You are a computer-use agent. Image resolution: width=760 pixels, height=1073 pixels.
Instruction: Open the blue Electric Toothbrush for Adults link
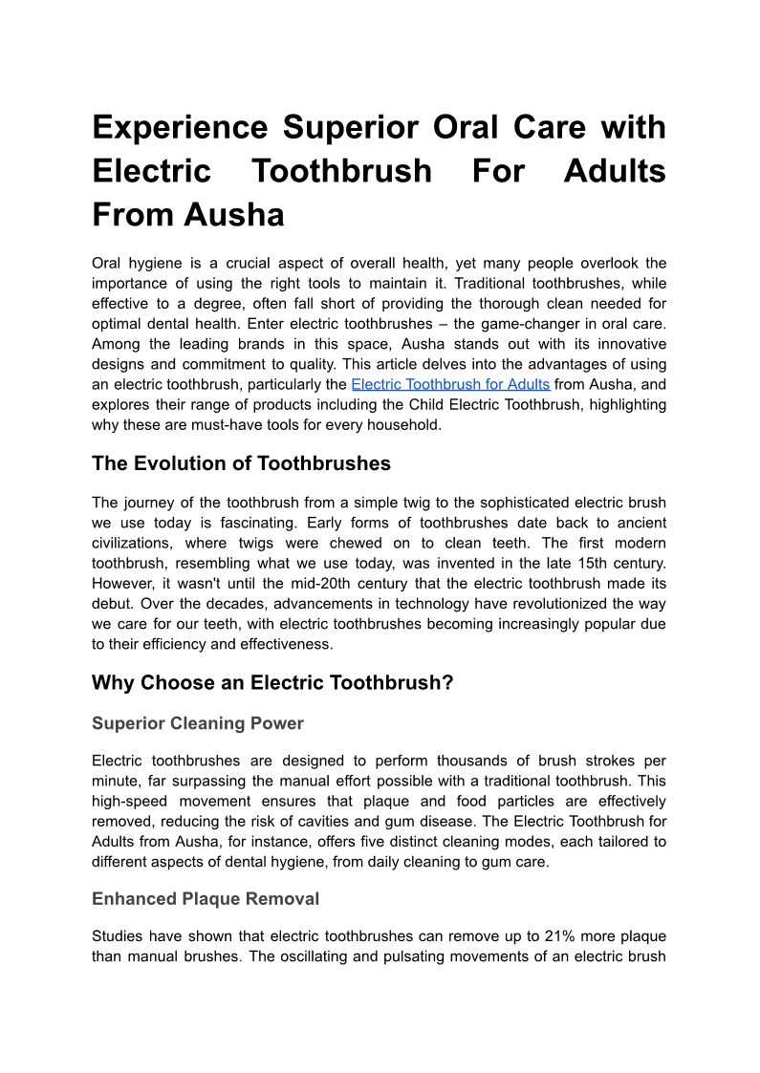tap(450, 384)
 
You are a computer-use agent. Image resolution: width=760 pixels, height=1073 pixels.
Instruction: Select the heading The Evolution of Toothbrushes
tap(241, 463)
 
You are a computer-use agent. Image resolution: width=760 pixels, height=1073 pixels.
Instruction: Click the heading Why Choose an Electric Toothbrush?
tap(272, 683)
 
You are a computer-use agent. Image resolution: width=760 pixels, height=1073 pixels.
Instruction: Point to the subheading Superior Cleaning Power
tap(197, 723)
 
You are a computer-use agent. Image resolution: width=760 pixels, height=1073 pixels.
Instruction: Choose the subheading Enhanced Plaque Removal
tap(206, 899)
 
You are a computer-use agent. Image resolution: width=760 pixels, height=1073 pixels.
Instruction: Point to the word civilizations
tap(139, 543)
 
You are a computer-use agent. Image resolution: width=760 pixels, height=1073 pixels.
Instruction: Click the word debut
tap(113, 603)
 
